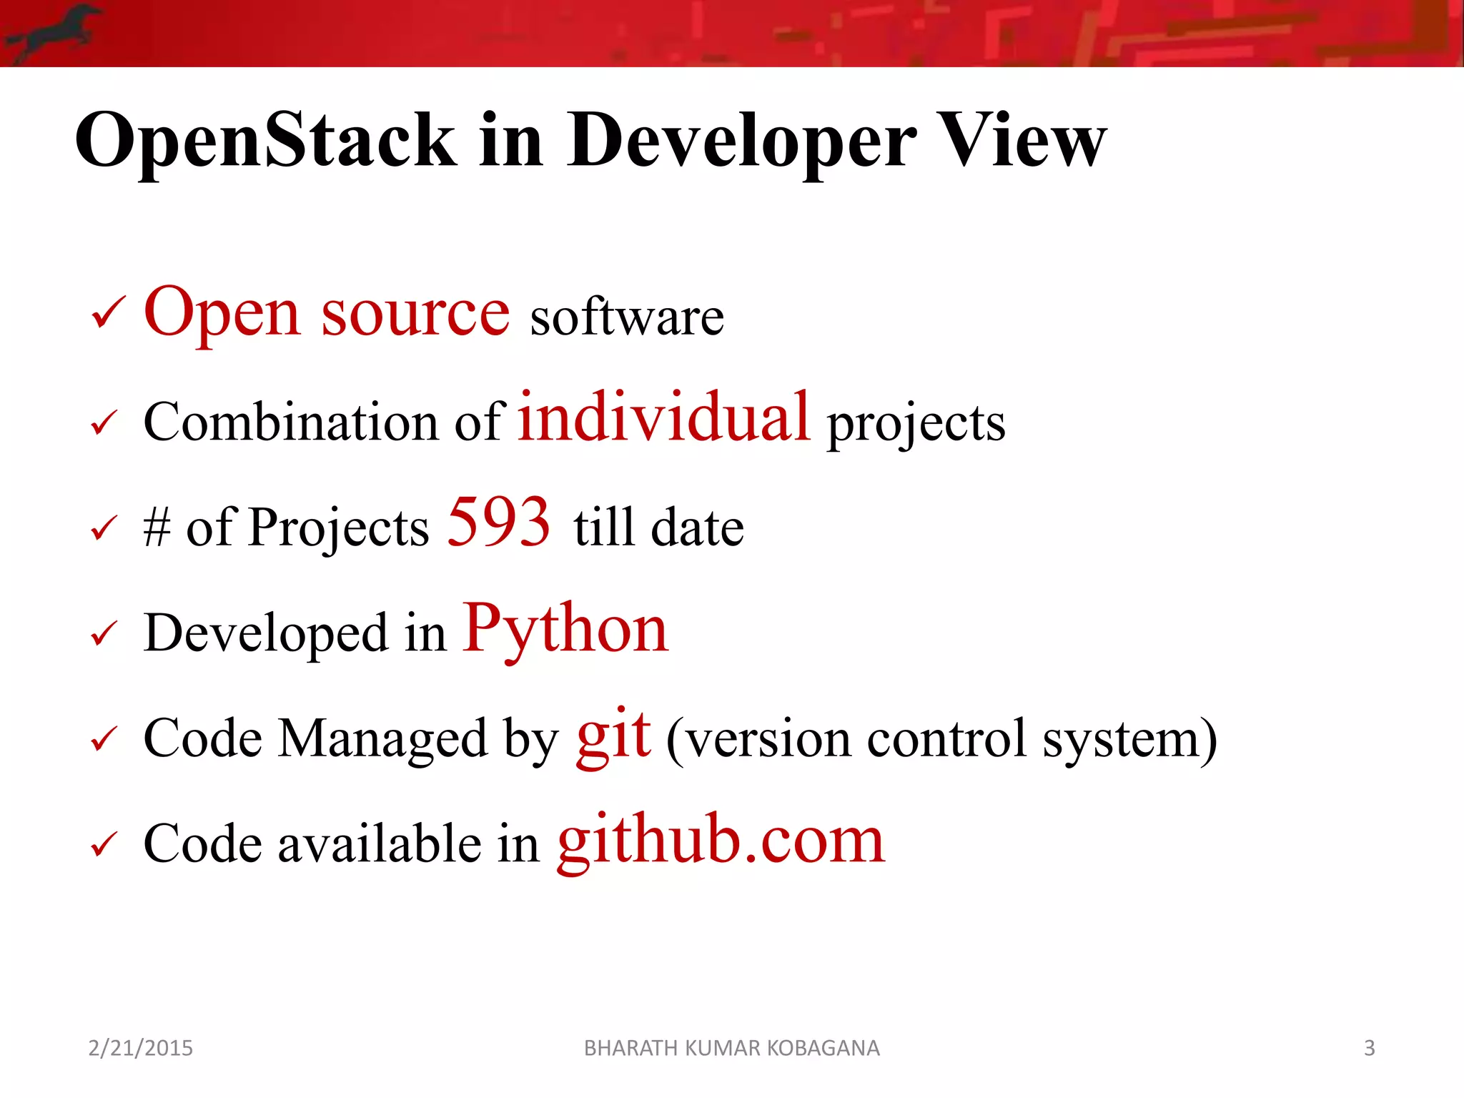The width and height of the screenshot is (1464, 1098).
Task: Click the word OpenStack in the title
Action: coord(265,141)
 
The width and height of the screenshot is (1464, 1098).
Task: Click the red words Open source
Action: coord(327,312)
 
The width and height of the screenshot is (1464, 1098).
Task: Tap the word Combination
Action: coord(290,422)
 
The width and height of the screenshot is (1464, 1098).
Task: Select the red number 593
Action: coord(498,523)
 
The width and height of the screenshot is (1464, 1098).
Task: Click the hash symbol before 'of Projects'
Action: coord(157,528)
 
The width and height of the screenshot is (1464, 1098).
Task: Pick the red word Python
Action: coord(565,629)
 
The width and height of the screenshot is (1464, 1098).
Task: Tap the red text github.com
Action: coord(721,840)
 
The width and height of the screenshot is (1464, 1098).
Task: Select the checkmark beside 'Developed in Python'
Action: coord(104,634)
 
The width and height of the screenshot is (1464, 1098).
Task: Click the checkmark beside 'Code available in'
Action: coord(104,844)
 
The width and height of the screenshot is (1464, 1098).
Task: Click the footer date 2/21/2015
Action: coord(140,1048)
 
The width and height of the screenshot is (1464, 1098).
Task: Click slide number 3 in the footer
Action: coord(1369,1048)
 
